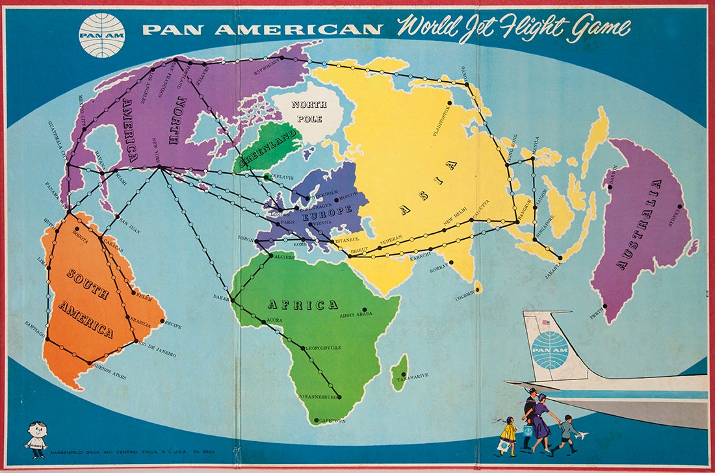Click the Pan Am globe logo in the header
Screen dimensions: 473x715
[101, 35]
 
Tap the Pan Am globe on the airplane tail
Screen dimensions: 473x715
[549, 351]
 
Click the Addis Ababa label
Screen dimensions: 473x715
[356, 316]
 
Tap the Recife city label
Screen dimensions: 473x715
[172, 322]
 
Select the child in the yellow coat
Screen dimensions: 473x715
[508, 433]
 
